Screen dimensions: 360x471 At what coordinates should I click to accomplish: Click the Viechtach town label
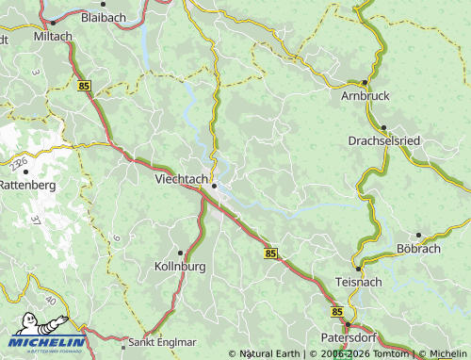coord(182,176)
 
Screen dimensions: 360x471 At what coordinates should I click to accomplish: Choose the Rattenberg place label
coord(27,185)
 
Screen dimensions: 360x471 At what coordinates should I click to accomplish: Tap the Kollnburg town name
coord(178,267)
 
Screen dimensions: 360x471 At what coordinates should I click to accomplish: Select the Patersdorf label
coord(349,335)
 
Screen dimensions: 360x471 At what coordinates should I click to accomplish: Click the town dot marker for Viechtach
coord(216,186)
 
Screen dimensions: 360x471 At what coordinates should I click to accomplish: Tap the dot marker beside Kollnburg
coord(185,254)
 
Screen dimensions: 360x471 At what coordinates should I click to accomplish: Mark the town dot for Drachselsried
coord(384,128)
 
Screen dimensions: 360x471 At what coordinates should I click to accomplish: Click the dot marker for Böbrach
coord(418,236)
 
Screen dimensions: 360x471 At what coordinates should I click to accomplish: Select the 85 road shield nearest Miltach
coord(84,85)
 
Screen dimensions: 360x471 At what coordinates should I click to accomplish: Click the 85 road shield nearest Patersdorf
coord(336,310)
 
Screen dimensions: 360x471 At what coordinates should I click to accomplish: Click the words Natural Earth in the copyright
coord(268,354)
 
